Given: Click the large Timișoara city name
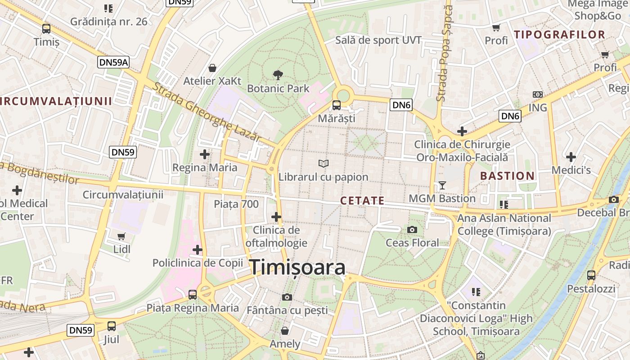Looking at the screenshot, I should (x=297, y=267).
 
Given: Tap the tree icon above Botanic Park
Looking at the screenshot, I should (x=278, y=75).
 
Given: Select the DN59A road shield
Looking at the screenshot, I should (x=113, y=62).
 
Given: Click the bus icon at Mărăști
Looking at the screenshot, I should (x=337, y=106).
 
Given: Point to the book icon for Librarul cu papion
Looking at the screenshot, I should (x=323, y=164).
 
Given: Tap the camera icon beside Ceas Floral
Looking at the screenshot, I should (x=412, y=230).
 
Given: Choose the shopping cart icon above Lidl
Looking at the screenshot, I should (x=121, y=236).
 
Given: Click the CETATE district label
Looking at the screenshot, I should (x=362, y=201).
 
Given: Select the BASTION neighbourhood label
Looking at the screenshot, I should (x=507, y=176).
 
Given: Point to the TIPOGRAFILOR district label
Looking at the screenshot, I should (x=559, y=35).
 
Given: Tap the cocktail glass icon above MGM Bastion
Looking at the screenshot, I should (x=442, y=185).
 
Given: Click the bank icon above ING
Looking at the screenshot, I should (x=537, y=94).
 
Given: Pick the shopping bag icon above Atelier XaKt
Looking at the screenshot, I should (x=212, y=68).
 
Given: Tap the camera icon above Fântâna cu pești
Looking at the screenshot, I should (x=287, y=297).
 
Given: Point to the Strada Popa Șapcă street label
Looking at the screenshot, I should (x=444, y=54).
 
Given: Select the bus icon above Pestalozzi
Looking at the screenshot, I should (x=591, y=275).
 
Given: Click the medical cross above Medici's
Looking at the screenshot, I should (x=571, y=157).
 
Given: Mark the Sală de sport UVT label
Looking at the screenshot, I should (x=378, y=40).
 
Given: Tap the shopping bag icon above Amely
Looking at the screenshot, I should (x=284, y=331).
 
